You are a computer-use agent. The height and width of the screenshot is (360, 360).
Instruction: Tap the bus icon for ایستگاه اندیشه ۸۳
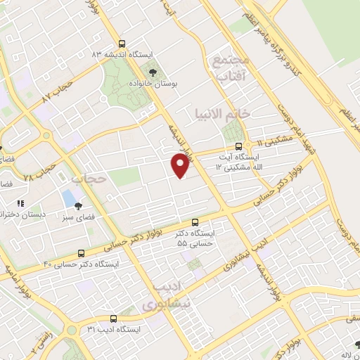pyautogui.click(x=123, y=42)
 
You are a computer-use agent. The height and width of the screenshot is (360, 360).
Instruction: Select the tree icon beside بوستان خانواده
pyautogui.click(x=151, y=71)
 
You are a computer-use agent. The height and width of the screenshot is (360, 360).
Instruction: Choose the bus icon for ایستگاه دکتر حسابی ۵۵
pyautogui.click(x=195, y=221)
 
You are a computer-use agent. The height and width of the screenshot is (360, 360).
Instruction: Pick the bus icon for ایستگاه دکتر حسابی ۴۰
pyautogui.click(x=83, y=252)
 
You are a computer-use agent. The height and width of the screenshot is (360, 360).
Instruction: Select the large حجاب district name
pyautogui.click(x=89, y=179)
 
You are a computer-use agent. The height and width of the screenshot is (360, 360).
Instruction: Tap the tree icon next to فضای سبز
pyautogui.click(x=78, y=206)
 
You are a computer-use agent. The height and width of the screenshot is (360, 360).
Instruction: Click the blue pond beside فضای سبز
pyautogui.click(x=69, y=199)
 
